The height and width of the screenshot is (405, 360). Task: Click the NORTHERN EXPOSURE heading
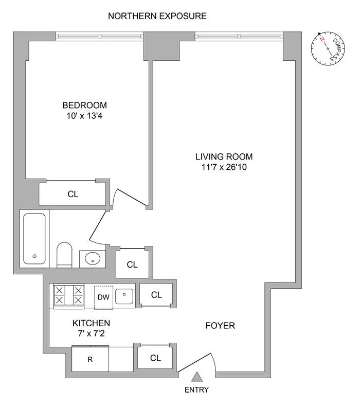pyautogui.click(x=157, y=16)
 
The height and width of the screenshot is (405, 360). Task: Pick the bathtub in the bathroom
pyautogui.click(x=34, y=238)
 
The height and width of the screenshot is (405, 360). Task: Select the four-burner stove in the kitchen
pyautogui.click(x=68, y=295)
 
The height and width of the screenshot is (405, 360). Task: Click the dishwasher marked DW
pyautogui.click(x=104, y=296)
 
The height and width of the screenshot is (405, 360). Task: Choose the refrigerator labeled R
pyautogui.click(x=90, y=359)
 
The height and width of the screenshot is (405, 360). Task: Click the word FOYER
pyautogui.click(x=220, y=326)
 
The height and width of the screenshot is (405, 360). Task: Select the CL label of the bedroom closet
pyautogui.click(x=74, y=194)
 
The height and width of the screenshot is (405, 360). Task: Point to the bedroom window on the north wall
pyautogui.click(x=99, y=36)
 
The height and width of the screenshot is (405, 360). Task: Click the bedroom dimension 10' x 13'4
pyautogui.click(x=86, y=116)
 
